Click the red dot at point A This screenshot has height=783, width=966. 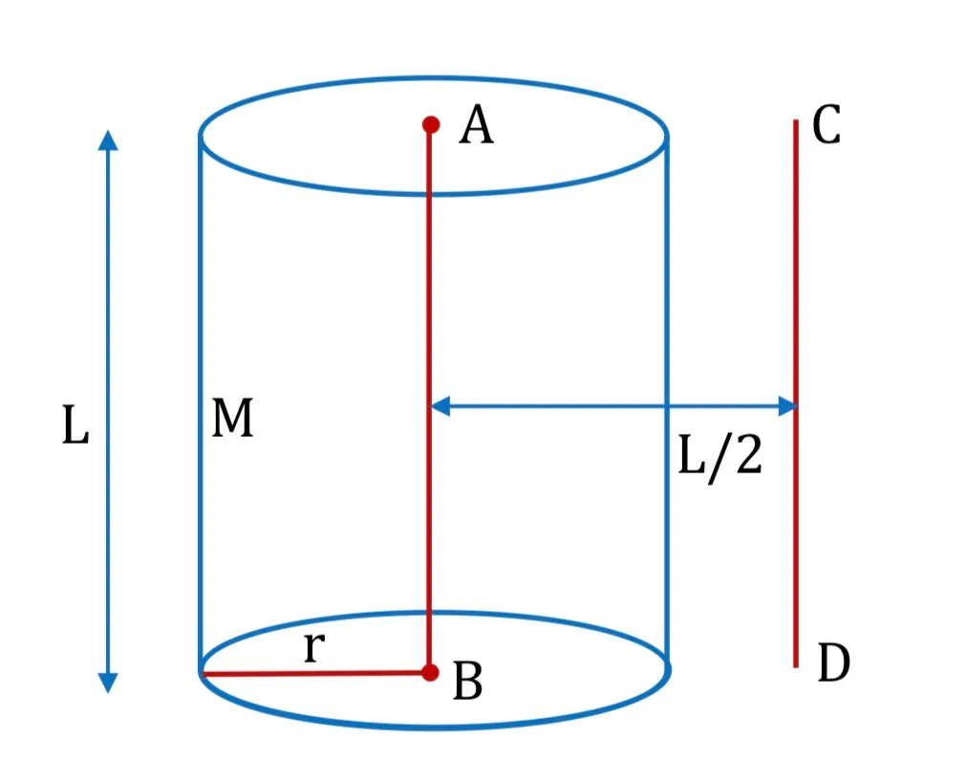431,124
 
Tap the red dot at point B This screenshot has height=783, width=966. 431,672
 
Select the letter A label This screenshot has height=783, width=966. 476,125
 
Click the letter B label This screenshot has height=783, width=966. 467,681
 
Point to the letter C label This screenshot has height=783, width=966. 826,124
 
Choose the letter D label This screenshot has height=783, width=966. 833,663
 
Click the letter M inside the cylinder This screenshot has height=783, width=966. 232,418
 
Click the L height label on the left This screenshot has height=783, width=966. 75,424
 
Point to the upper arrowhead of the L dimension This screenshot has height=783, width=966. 108,140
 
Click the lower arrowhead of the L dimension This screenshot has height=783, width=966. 108,684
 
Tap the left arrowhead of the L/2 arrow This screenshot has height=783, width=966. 440,406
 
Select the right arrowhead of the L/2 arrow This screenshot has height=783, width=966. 788,406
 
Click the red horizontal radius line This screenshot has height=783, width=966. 315,673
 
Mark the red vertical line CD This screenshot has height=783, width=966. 796,393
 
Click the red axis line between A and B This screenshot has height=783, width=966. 429,399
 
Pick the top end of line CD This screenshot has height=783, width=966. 796,120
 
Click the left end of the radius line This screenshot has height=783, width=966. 202,673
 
